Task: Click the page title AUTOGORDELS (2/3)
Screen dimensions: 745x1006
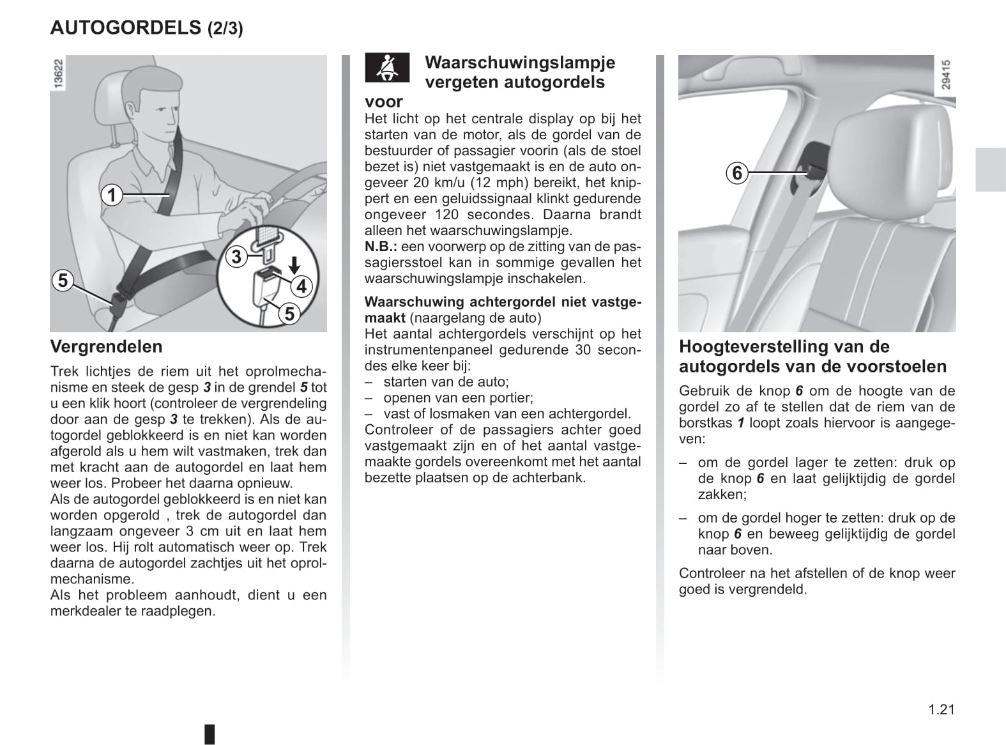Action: click(146, 27)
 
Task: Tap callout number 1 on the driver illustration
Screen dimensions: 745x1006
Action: click(112, 194)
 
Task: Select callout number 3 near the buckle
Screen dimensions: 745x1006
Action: click(236, 257)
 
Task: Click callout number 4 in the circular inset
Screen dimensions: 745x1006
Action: click(301, 286)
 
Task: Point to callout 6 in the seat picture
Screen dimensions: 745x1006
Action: click(737, 173)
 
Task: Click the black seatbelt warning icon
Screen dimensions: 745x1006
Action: click(386, 67)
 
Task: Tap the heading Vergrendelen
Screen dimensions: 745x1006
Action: click(106, 346)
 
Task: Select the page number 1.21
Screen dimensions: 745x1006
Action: click(941, 709)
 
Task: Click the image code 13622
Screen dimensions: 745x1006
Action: click(57, 74)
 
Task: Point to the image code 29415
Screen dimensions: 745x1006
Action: click(946, 74)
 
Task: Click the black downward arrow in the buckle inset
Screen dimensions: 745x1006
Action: click(294, 264)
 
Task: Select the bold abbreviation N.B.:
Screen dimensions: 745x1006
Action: click(381, 247)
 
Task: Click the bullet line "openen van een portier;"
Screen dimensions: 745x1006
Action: click(457, 397)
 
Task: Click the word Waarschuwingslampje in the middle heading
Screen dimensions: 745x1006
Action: click(520, 62)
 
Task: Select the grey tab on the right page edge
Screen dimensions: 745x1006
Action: click(990, 169)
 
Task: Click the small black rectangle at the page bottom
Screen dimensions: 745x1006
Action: click(210, 733)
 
